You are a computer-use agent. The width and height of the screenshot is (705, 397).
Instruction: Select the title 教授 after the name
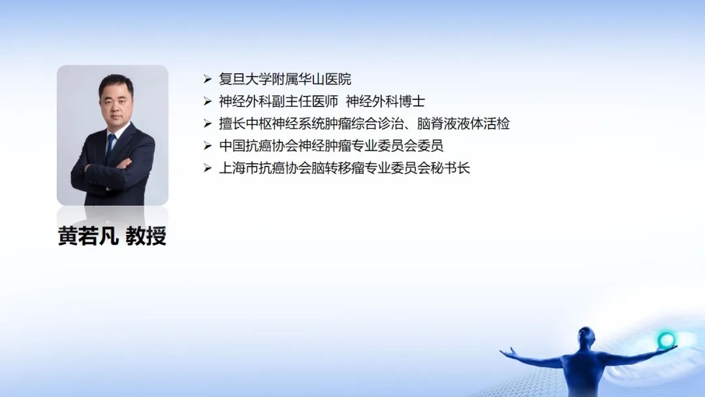coord(146,236)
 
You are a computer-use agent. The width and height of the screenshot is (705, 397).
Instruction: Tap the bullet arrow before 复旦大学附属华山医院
coord(208,79)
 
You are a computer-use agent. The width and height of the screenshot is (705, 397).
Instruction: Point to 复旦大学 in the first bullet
coord(245,79)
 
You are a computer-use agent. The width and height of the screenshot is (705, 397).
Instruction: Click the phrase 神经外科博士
coord(385,101)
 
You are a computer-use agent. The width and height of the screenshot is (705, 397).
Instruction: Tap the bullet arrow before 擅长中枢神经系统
coord(208,123)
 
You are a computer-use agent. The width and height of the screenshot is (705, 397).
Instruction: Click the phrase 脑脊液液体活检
coord(463,123)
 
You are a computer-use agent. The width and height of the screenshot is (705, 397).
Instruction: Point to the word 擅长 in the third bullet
coord(232,123)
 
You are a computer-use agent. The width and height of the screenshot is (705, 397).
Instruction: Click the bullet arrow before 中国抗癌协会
coord(208,146)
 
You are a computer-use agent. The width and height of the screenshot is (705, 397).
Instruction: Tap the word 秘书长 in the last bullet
coord(450,168)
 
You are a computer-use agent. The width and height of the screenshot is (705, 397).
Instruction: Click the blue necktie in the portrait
coord(110,146)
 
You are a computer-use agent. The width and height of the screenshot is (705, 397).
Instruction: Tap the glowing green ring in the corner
coord(666,340)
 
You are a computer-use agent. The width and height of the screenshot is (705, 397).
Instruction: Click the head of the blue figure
coord(586,335)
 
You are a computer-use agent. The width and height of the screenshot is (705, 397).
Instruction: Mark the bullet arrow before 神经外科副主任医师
coord(208,101)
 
